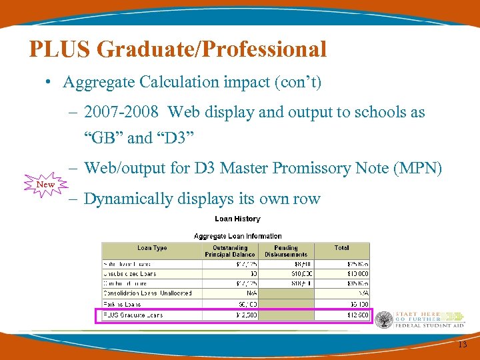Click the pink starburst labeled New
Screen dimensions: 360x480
(45, 184)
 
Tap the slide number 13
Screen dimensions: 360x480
(462, 344)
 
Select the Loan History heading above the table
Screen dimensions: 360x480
(237, 219)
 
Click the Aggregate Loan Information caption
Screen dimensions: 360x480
(237, 236)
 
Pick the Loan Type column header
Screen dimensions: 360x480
(152, 248)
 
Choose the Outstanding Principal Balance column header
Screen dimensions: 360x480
(230, 251)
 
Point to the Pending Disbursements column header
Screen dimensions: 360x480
(286, 251)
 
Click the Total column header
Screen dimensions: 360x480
(341, 248)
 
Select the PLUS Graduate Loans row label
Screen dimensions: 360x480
(133, 315)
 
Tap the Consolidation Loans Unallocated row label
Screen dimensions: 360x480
(147, 293)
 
